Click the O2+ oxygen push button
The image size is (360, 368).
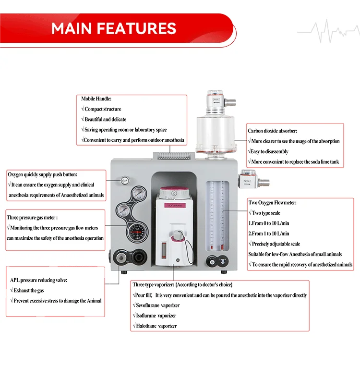(x=124, y=180)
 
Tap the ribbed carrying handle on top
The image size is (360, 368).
(x=173, y=155)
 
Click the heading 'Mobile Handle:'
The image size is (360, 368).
(x=96, y=98)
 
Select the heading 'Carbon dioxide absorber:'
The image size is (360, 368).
(x=272, y=131)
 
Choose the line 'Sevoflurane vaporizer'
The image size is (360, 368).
(x=156, y=306)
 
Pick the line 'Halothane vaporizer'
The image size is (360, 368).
(x=155, y=326)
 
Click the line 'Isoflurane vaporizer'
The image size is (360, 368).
(x=155, y=316)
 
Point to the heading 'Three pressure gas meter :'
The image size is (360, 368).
(x=36, y=217)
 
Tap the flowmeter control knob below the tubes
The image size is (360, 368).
(x=211, y=262)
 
